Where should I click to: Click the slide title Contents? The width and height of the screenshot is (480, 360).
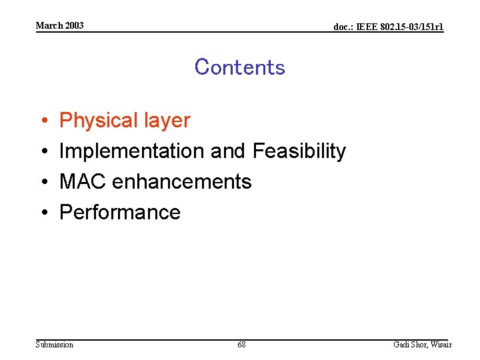tap(239, 67)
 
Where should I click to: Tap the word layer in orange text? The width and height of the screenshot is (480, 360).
tap(167, 121)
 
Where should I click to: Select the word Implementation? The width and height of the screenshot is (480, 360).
tap(132, 151)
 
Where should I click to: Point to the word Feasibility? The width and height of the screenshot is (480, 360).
tap(299, 151)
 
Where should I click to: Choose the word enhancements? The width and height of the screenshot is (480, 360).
tap(181, 181)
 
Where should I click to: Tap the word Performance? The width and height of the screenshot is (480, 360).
tap(120, 212)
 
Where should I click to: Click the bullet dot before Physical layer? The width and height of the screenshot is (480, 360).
tap(43, 121)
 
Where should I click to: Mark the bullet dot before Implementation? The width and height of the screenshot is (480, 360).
tap(43, 152)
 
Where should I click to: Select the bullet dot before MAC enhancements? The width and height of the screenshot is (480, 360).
tap(43, 182)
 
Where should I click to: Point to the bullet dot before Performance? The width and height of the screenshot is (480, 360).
tap(43, 213)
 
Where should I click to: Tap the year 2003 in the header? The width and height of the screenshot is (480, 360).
tap(75, 25)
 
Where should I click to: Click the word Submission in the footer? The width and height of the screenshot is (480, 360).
tap(55, 345)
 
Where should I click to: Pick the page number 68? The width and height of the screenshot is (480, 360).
tap(241, 345)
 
